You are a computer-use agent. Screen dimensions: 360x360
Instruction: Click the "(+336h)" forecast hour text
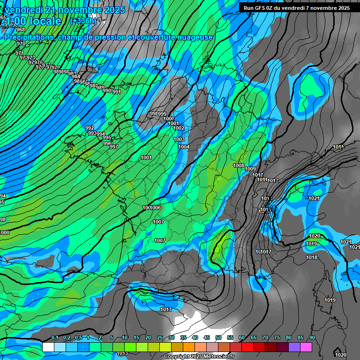(x=83, y=21)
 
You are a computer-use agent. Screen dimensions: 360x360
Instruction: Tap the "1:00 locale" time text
(x=34, y=21)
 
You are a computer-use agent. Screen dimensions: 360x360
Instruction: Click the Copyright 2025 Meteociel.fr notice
(x=199, y=357)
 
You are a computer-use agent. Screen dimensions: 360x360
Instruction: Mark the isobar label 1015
(x=339, y=148)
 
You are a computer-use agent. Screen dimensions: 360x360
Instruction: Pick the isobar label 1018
(x=312, y=257)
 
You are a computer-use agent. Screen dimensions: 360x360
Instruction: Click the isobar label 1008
(x=239, y=165)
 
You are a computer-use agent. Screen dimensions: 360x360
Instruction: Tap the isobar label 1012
(x=274, y=181)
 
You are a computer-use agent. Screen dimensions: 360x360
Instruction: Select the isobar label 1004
(x=184, y=147)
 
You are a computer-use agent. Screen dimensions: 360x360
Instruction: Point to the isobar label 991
(x=117, y=92)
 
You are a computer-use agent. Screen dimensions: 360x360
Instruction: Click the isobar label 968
(x=21, y=30)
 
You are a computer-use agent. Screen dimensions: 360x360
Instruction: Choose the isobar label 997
(x=114, y=147)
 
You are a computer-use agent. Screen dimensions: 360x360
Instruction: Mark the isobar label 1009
(x=251, y=169)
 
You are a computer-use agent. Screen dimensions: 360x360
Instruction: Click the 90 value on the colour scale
(x=312, y=338)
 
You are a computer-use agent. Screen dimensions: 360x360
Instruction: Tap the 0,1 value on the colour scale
(x=55, y=338)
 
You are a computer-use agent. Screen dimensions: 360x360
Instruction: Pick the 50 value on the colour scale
(x=218, y=338)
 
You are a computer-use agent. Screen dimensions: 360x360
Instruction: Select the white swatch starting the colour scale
(x=48, y=347)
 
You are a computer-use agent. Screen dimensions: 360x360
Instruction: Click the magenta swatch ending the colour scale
(x=306, y=347)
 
